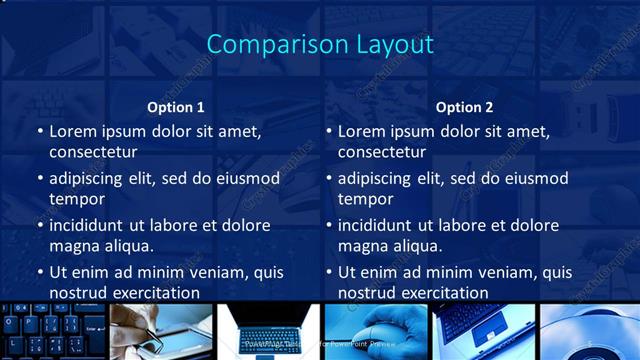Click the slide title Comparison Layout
point(319,45)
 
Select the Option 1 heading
point(176,107)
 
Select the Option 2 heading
point(464,107)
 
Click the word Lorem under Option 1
point(72,131)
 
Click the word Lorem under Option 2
point(361,131)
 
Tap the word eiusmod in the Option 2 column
point(535,179)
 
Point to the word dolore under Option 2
point(534,225)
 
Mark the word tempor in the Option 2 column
point(363,199)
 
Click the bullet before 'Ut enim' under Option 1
point(39,272)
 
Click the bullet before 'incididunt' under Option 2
point(328,226)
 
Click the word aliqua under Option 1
point(128,246)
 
